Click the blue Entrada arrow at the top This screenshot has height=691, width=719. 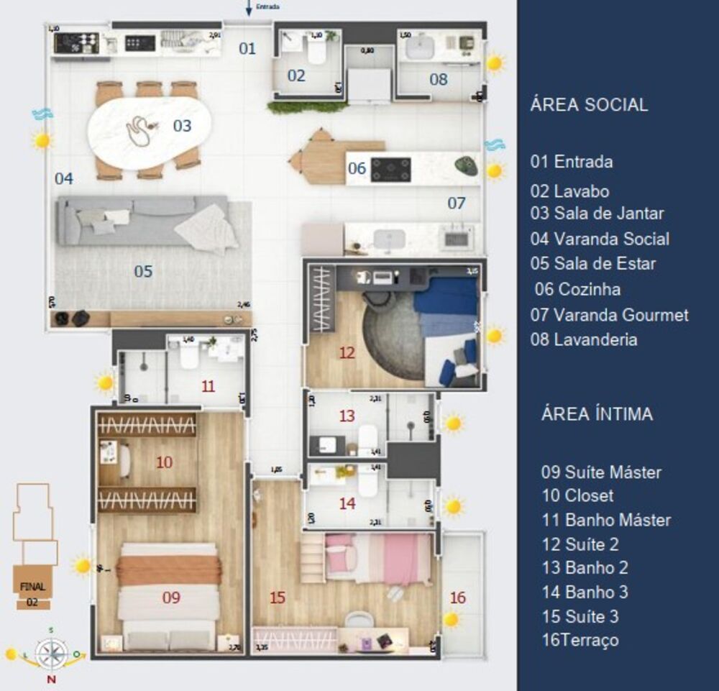pos(249,8)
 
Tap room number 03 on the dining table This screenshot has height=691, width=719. pos(182,126)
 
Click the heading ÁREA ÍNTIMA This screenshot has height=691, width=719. pos(597,414)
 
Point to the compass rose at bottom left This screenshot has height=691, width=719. pos(51,654)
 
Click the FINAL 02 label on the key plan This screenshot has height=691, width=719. pos(32,592)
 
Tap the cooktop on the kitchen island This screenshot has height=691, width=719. pos(391,169)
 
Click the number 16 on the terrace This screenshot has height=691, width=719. pos(457,598)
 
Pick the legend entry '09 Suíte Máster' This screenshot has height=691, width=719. pos(601,472)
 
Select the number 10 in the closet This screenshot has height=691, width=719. pos(164,462)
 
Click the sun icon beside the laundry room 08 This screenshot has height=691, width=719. pos(495,63)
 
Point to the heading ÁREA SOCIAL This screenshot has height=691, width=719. pos(589,104)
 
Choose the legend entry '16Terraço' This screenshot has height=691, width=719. pos(580,640)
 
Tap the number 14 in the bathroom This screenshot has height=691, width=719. pos(347,503)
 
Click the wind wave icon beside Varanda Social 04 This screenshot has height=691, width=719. pos(42,114)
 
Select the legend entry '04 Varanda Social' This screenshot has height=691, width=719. pos(600,239)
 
